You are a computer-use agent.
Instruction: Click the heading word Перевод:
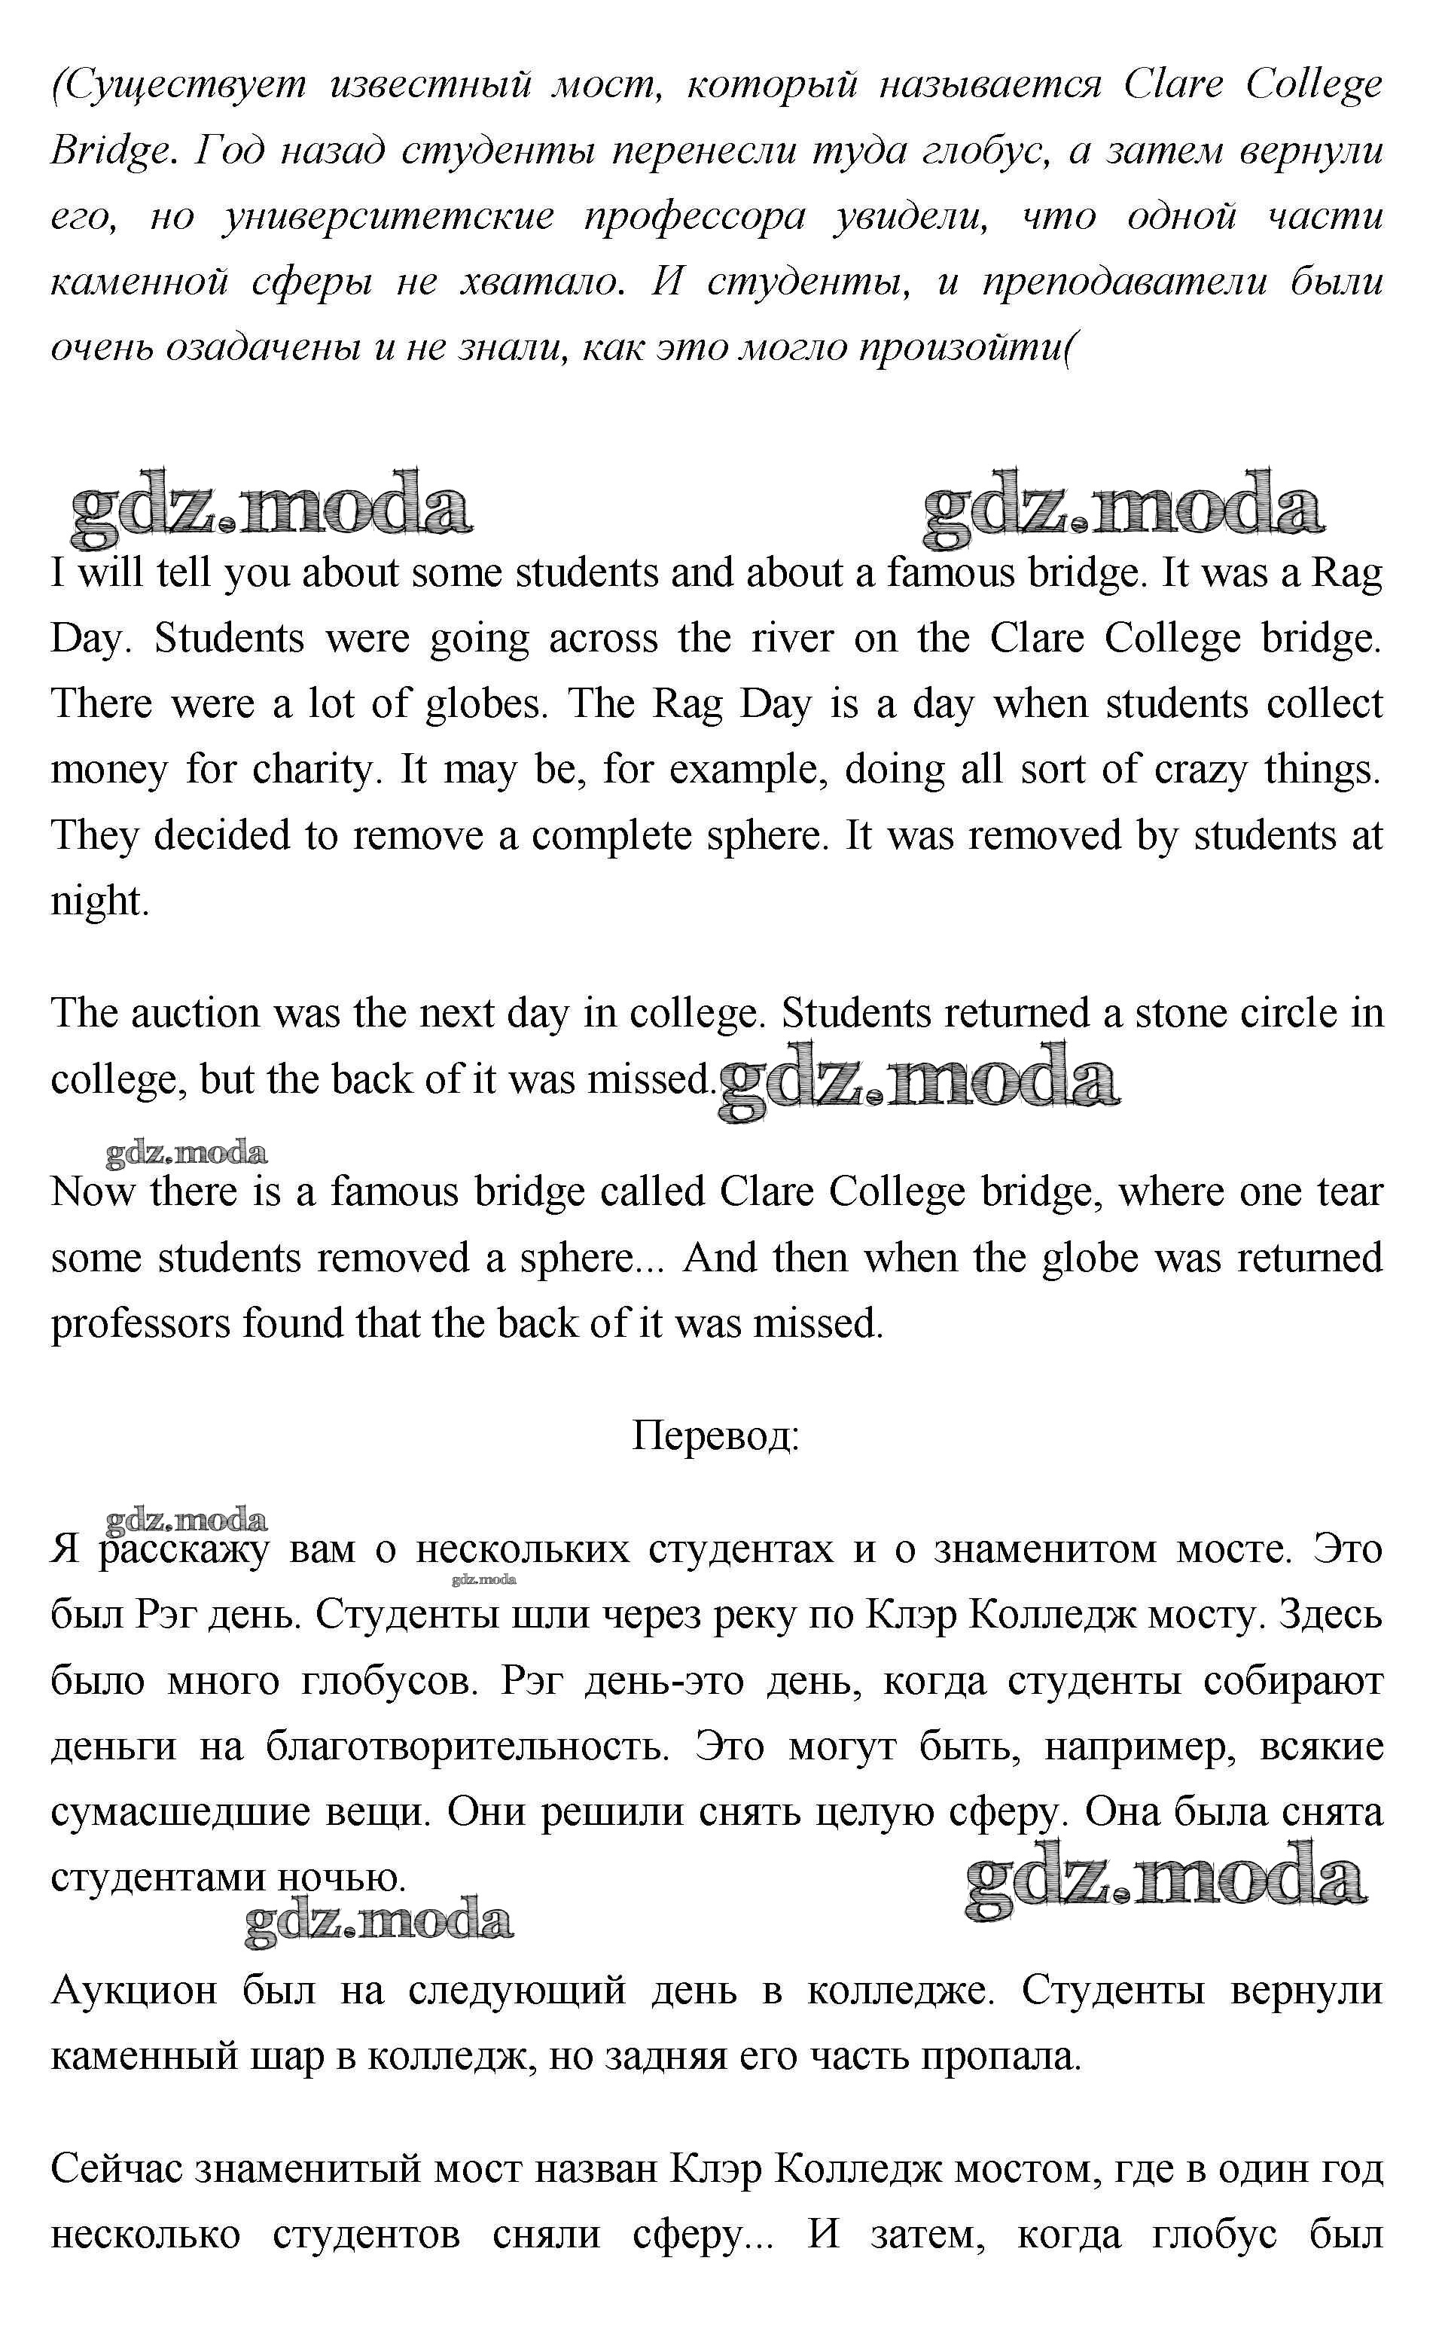coord(715,1435)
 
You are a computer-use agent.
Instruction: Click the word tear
coord(1349,1192)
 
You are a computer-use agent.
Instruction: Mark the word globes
coord(486,704)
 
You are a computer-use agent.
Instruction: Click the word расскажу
coord(185,1549)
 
